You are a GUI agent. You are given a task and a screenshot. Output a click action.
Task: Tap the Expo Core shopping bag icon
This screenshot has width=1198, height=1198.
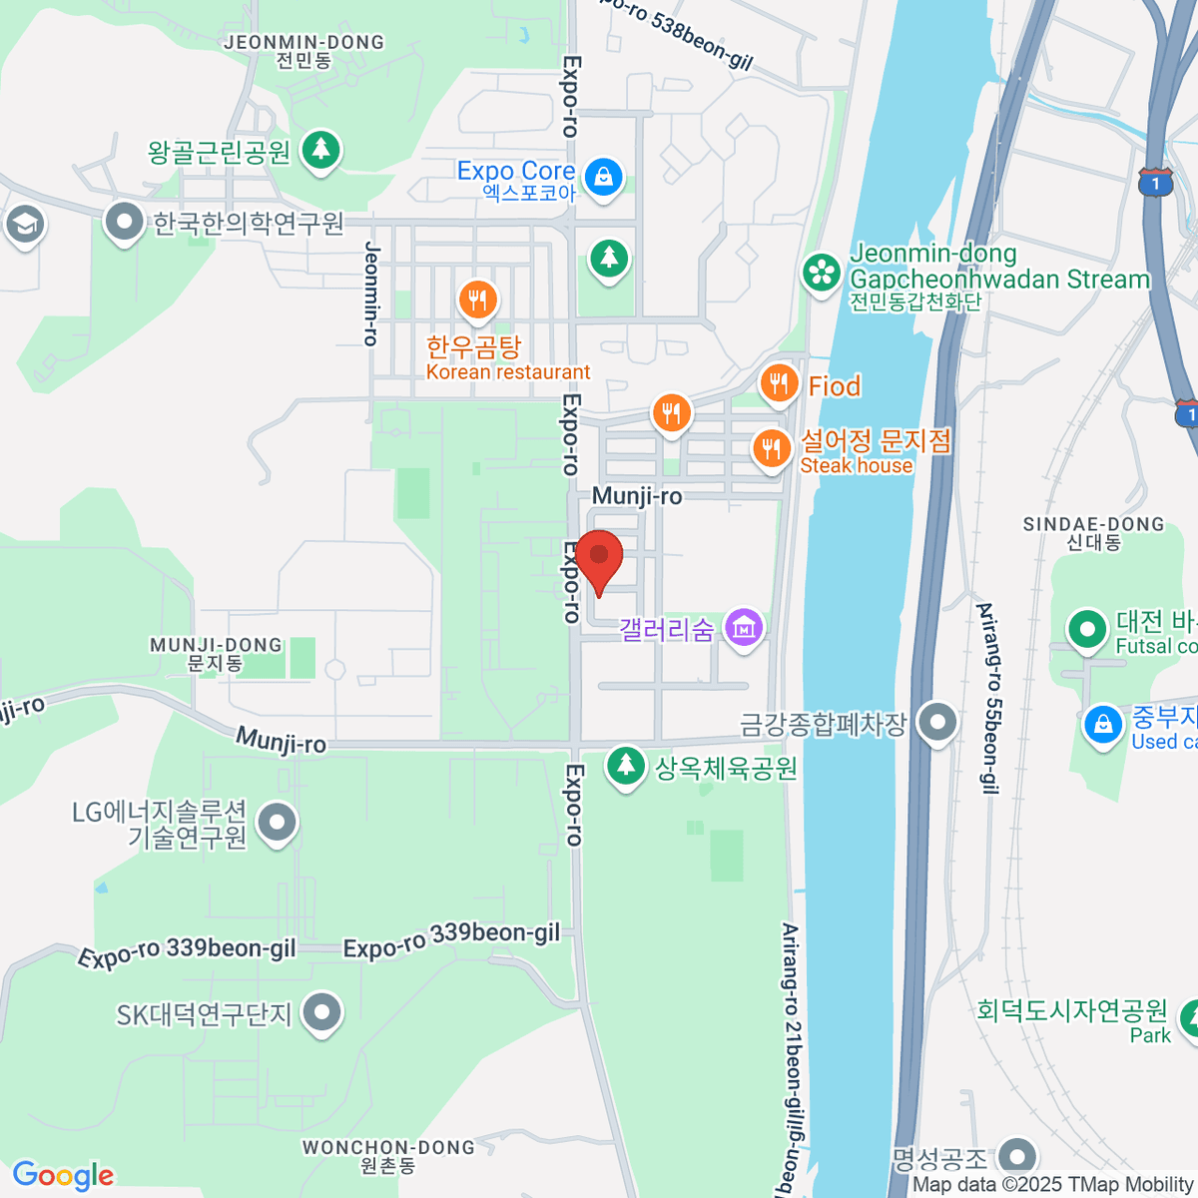pos(603,178)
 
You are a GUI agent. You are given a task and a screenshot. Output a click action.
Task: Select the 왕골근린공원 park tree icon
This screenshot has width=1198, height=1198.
pos(320,151)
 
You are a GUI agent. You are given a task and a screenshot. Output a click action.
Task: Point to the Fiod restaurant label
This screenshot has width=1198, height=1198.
pos(834,386)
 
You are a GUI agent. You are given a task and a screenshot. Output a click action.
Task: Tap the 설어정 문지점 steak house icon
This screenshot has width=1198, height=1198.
pos(771,448)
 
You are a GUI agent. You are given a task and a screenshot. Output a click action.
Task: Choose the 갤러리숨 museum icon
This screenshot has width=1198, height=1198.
pos(744,628)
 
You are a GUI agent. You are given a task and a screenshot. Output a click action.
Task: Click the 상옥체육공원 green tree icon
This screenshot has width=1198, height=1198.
pos(626,767)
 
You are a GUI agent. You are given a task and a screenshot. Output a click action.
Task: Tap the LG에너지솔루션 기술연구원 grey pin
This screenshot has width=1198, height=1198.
pos(278,824)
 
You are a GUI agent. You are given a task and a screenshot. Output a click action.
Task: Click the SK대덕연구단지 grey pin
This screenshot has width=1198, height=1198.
pos(321,1013)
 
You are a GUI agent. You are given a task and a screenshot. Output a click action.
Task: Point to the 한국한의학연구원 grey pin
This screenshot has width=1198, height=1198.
pos(125,223)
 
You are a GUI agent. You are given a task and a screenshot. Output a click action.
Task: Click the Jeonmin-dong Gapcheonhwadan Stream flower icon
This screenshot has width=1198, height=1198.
pos(823,272)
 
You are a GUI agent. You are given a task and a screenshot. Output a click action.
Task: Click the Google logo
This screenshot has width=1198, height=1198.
pos(63,1176)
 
